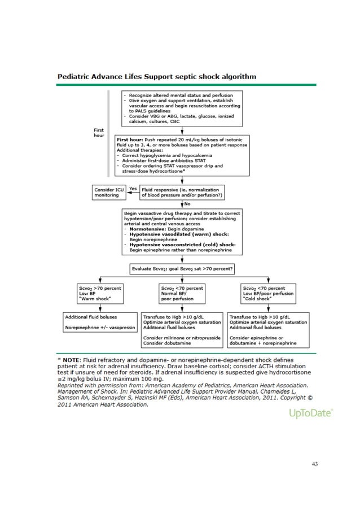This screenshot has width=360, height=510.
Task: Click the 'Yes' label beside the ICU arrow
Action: point(134,189)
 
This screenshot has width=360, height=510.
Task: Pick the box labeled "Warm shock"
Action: point(99,293)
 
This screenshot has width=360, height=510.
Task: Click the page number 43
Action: point(315,464)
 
